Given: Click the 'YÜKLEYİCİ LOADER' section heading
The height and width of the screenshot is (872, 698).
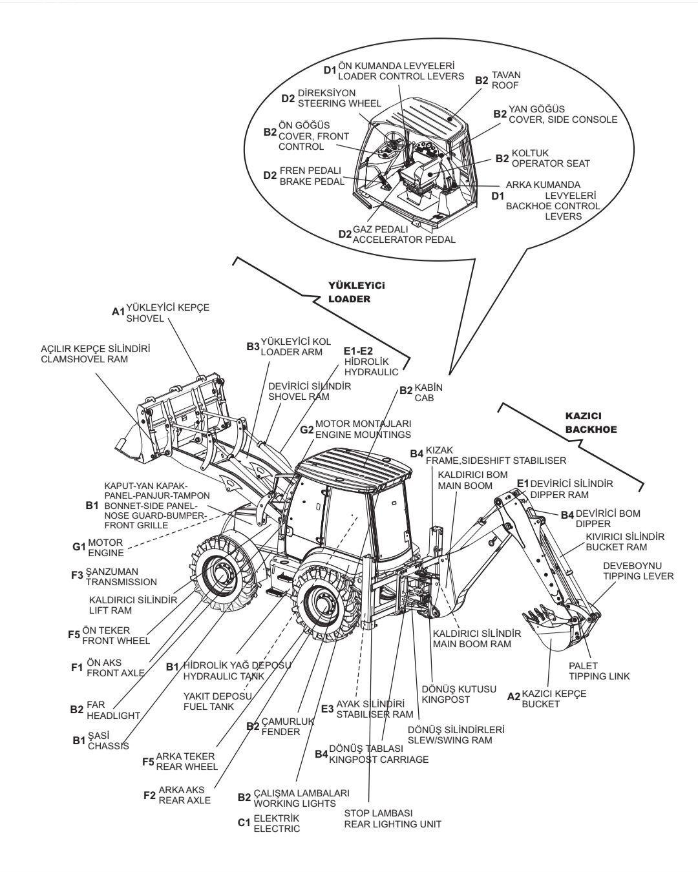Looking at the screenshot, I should tap(351, 293).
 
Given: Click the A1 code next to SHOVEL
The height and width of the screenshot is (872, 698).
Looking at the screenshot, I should tap(118, 312).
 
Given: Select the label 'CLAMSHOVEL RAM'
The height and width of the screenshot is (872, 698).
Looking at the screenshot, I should tap(84, 359).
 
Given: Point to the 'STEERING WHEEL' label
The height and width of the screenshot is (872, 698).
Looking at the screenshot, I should tap(339, 103).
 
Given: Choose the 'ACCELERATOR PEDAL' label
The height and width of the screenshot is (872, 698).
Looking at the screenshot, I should tap(404, 239).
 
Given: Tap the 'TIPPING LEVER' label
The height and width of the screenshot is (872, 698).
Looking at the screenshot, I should tap(638, 576).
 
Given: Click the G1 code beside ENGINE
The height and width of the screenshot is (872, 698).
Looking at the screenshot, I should tap(79, 547).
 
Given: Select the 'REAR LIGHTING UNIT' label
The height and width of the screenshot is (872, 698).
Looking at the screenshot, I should tap(392, 824).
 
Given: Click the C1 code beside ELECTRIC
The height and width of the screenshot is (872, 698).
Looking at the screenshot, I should tap(244, 823).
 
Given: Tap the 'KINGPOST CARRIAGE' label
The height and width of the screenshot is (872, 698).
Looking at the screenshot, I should tap(379, 760).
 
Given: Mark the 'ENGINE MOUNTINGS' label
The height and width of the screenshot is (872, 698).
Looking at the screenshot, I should tap(363, 435).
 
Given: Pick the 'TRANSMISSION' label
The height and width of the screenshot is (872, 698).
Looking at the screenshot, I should tap(121, 582).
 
